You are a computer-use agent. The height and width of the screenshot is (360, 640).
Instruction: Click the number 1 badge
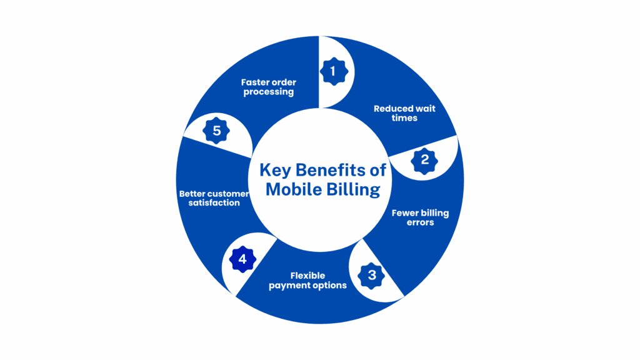332,71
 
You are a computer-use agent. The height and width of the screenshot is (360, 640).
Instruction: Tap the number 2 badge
425,159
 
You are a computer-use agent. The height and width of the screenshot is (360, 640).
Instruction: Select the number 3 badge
372,275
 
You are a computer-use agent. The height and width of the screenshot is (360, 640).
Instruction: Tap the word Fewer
404,213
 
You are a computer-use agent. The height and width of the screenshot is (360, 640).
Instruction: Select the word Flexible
307,276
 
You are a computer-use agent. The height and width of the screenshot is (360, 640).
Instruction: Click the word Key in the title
274,170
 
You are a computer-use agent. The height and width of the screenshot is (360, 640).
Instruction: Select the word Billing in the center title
353,189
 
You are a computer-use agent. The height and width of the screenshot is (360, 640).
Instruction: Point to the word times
404,117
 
